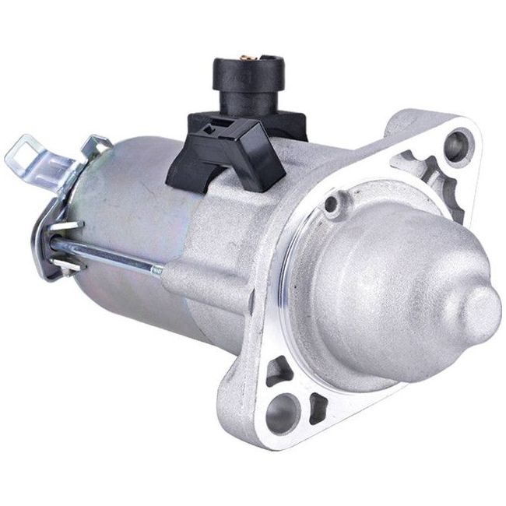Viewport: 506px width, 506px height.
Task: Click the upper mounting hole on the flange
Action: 455,144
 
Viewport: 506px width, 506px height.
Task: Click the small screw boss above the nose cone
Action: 334,205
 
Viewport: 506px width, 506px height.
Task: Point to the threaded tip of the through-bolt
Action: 157,271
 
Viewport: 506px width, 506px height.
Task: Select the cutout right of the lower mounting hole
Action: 318,406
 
